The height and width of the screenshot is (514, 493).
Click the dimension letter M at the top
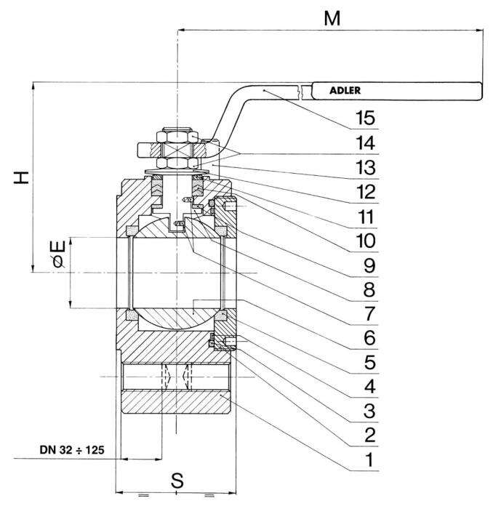[x=332, y=18]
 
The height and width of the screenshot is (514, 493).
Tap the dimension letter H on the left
[x=21, y=177]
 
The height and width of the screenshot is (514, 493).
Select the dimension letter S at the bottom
[x=177, y=481]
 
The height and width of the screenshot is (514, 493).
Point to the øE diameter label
[x=59, y=254]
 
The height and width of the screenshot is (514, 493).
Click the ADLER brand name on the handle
[x=345, y=90]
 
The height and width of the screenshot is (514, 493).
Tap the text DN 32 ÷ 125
[x=72, y=450]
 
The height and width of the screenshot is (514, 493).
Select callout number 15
[x=366, y=118]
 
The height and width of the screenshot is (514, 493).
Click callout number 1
[x=369, y=459]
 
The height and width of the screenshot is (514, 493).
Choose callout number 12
[x=366, y=192]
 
